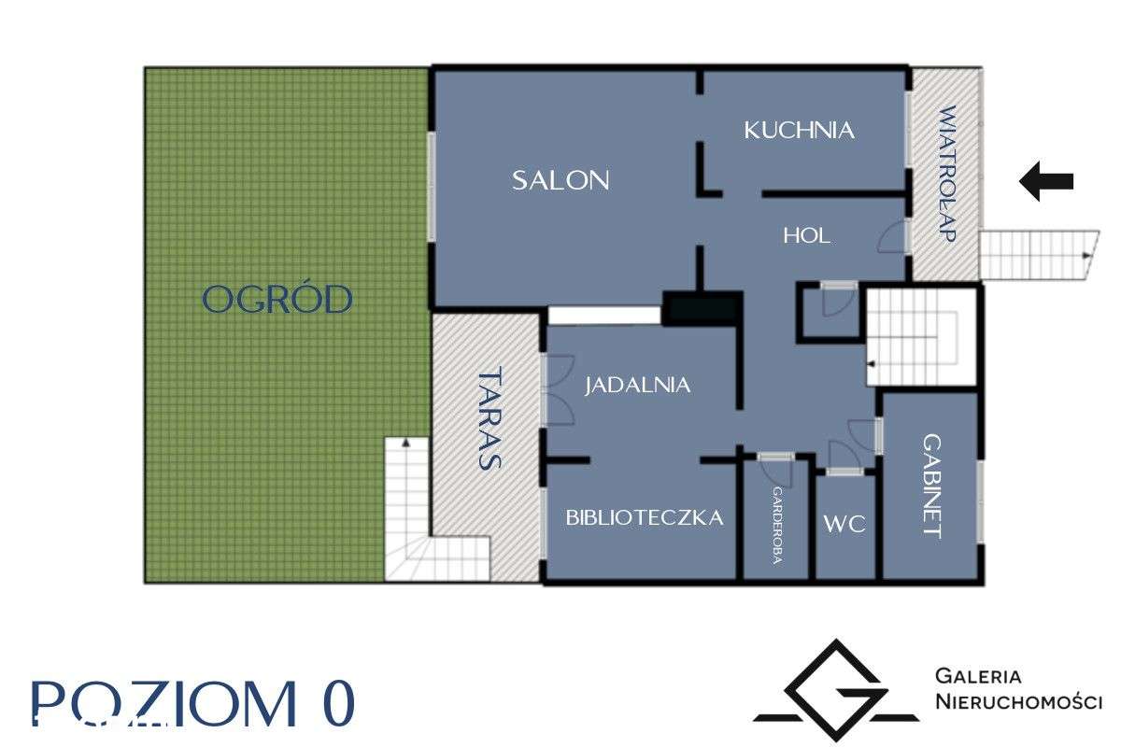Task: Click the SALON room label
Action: coord(560,180)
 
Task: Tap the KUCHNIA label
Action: coord(799,130)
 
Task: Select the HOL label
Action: coord(806,236)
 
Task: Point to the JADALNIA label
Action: coord(638,385)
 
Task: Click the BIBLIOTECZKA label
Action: coord(645,517)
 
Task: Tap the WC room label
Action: coord(844,524)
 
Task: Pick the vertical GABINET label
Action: coord(930,486)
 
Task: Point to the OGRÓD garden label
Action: coord(277,300)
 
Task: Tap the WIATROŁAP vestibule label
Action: coord(946,175)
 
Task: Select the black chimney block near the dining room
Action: coord(702,308)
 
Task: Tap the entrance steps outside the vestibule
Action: coord(1034,254)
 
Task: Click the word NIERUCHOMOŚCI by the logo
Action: coord(1018,702)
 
